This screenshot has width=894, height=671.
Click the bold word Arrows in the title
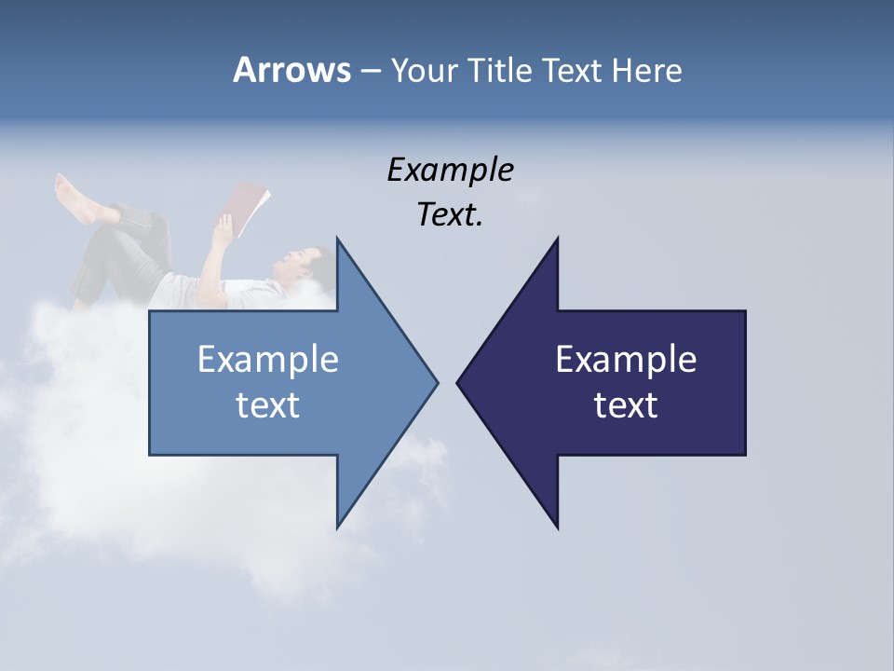point(291,70)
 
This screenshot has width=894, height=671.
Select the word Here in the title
point(647,70)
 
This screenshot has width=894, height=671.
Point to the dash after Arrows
point(369,71)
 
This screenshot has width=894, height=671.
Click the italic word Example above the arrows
point(450,170)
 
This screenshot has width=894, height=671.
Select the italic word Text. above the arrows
point(450,214)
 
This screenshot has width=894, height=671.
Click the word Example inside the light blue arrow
point(268,359)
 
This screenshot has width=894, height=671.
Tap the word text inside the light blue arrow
point(268,404)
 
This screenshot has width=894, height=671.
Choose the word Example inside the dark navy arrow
point(626,359)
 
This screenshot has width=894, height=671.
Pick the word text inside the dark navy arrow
point(626,404)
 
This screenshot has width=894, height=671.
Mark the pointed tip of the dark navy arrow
point(458,382)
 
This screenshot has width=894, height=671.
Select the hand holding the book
point(223,226)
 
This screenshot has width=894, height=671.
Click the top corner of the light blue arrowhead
point(337,239)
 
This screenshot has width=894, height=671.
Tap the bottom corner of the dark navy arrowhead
point(557,527)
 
